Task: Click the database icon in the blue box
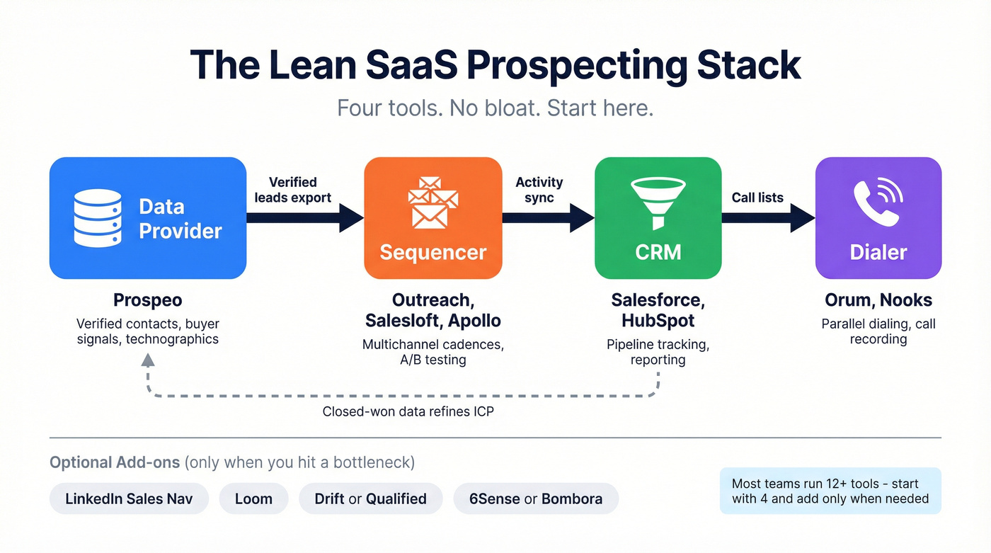[98, 218]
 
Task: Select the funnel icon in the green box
[658, 203]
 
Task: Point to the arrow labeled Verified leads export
[304, 217]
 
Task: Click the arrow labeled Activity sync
[548, 217]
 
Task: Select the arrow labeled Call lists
[768, 217]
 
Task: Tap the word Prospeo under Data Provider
[148, 300]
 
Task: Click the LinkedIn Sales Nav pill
[130, 498]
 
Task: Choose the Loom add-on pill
[253, 498]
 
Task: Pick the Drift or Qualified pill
[370, 498]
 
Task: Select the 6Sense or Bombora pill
[536, 498]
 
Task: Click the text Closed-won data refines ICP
[408, 411]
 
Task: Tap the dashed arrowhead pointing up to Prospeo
[147, 359]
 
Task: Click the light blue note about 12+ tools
[830, 491]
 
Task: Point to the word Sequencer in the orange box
[433, 252]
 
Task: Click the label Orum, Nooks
[878, 300]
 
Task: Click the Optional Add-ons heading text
[115, 462]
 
